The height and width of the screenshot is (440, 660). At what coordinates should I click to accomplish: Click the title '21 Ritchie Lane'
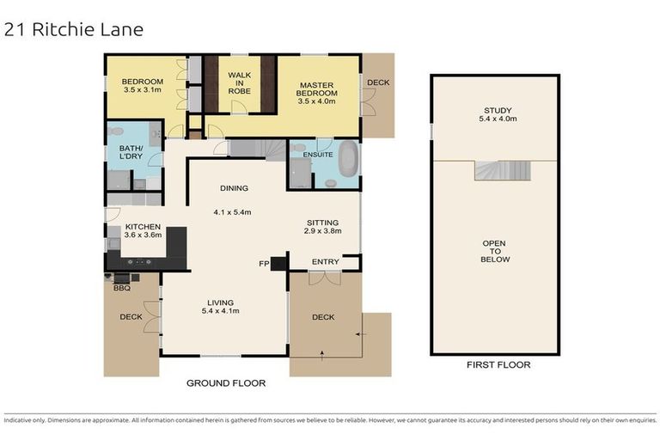(73, 30)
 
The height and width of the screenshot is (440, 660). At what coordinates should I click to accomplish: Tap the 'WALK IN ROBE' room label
(239, 81)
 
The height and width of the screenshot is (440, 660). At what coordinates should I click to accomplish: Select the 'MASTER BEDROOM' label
(318, 89)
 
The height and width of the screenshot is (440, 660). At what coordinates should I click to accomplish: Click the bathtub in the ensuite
(347, 165)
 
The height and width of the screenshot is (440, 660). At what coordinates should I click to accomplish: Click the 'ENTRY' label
(326, 262)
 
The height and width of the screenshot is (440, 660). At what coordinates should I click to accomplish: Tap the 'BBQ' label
(121, 288)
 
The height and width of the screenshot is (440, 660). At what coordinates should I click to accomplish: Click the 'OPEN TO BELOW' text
(496, 251)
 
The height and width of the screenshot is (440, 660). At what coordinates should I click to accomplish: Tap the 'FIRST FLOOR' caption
(498, 364)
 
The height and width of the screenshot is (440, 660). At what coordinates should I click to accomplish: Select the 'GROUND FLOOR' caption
(226, 383)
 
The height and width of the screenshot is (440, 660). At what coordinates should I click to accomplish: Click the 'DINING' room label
(234, 188)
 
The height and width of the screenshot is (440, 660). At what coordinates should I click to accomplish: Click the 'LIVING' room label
(221, 302)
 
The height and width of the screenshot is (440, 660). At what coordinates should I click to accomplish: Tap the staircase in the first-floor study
(496, 170)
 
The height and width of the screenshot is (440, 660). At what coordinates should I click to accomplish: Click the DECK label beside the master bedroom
(377, 83)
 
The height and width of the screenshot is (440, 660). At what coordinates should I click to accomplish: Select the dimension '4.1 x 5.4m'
(232, 211)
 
